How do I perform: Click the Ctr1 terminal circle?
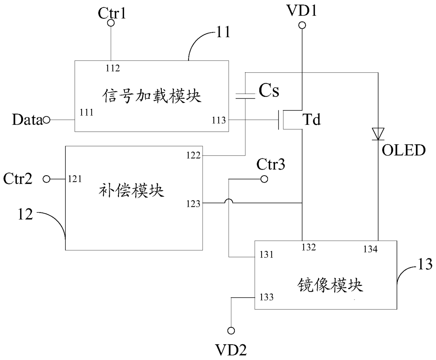coord(111,23)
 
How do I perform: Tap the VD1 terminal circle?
coord(302,25)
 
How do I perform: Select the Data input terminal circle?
coord(46,120)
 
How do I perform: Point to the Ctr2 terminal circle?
coord(46,179)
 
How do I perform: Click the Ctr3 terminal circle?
coord(264,179)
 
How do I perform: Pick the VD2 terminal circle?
coord(231,330)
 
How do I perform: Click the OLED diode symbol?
coord(378,134)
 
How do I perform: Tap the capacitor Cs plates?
coord(245,96)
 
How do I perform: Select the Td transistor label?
coord(312,119)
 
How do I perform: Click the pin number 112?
coord(113,68)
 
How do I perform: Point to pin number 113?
coord(219,120)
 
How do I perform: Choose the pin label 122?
coord(193,155)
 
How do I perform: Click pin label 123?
coord(193,204)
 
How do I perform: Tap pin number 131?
coord(267,255)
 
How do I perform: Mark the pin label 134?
coord(371,249)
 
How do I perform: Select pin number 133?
coord(267,297)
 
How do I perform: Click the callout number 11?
coord(223,32)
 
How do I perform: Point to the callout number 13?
coord(425,264)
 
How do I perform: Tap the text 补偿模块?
coord(132,190)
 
